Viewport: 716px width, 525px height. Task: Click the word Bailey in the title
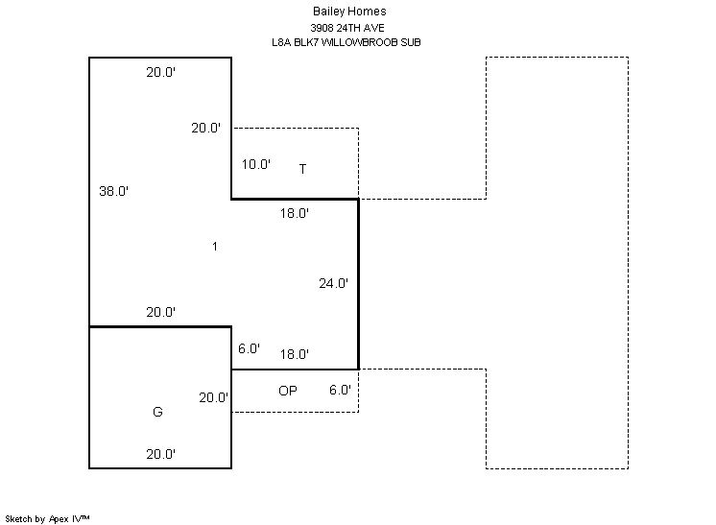[328, 12]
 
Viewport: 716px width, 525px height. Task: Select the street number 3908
[324, 28]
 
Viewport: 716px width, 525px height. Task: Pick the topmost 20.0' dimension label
[160, 72]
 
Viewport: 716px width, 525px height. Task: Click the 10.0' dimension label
[255, 164]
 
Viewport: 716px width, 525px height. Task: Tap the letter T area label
[302, 169]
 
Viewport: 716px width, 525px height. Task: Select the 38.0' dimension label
[113, 191]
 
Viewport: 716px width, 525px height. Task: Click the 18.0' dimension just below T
[295, 214]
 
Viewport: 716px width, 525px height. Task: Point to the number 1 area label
[215, 247]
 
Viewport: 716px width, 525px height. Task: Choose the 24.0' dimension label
[333, 283]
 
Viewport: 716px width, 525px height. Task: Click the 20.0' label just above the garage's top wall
[160, 312]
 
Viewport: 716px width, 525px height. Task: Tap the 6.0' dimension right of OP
[340, 391]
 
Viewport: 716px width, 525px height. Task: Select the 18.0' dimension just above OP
[295, 354]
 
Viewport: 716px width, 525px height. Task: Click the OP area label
[288, 391]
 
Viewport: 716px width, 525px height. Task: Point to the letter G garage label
[157, 412]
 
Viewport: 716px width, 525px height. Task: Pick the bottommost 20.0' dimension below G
[160, 454]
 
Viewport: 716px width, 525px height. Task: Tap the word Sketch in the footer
[18, 518]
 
